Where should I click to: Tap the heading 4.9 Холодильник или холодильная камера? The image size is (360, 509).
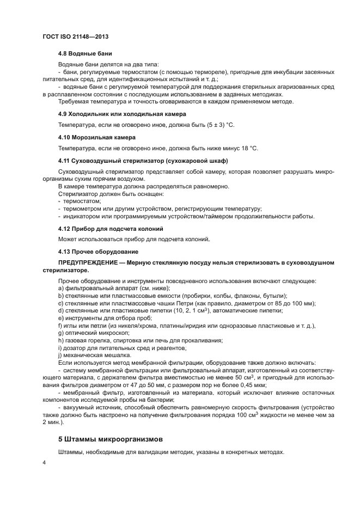(123, 114)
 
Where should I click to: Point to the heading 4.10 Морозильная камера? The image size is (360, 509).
(97, 137)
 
